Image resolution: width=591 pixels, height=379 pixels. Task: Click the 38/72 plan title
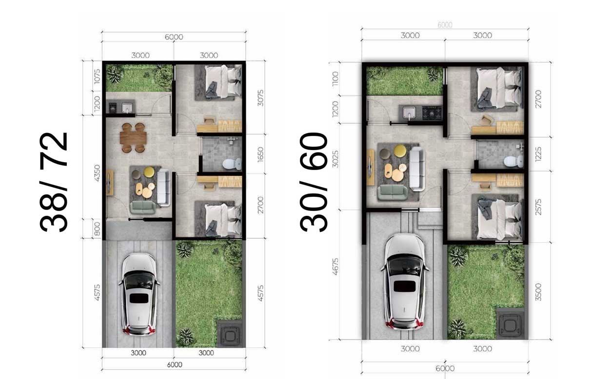tap(54, 182)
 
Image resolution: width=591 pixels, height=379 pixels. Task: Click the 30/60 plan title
tap(314, 182)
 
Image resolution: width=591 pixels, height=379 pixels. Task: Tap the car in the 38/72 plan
tap(139, 294)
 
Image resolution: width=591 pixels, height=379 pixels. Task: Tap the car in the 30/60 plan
tap(404, 282)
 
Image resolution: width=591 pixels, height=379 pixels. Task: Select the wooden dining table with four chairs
tap(133, 137)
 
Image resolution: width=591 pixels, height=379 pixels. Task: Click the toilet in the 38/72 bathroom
tap(232, 164)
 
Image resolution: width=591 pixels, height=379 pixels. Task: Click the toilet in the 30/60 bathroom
tap(513, 161)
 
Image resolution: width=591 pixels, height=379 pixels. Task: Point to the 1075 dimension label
tap(97, 76)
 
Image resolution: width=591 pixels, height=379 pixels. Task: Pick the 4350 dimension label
tap(97, 173)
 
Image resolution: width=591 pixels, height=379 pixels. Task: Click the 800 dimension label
tap(97, 229)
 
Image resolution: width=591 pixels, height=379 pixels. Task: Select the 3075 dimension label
tap(260, 98)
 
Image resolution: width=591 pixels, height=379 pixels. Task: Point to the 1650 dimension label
tap(260, 155)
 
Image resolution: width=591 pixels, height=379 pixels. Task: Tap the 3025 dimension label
tap(335, 159)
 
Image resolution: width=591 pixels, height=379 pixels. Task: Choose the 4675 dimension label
tap(335, 267)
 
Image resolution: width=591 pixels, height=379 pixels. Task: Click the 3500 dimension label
tap(538, 292)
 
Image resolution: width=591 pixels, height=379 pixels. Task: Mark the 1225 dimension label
tap(538, 153)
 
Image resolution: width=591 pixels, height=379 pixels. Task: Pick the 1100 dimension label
tap(335, 78)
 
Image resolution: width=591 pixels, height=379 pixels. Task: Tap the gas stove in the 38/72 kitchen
tap(113, 108)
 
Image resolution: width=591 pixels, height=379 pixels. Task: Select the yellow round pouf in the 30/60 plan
tap(400, 151)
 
